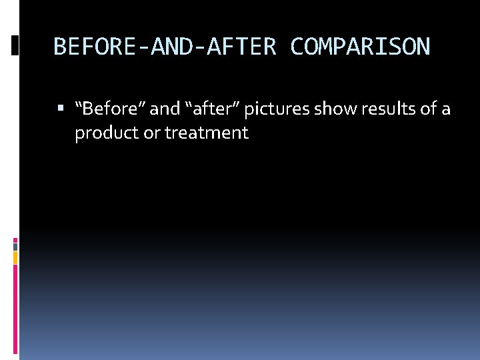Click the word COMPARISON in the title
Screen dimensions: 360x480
(x=360, y=47)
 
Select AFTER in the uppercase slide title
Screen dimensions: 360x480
(x=243, y=47)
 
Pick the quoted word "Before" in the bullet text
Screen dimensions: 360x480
(x=109, y=109)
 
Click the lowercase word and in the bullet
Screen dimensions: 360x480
(x=165, y=109)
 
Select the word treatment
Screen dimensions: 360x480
(x=207, y=133)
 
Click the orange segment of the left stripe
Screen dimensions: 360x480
(x=15, y=257)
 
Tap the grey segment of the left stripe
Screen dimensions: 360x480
(x=15, y=246)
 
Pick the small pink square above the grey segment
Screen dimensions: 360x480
(x=15, y=239)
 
